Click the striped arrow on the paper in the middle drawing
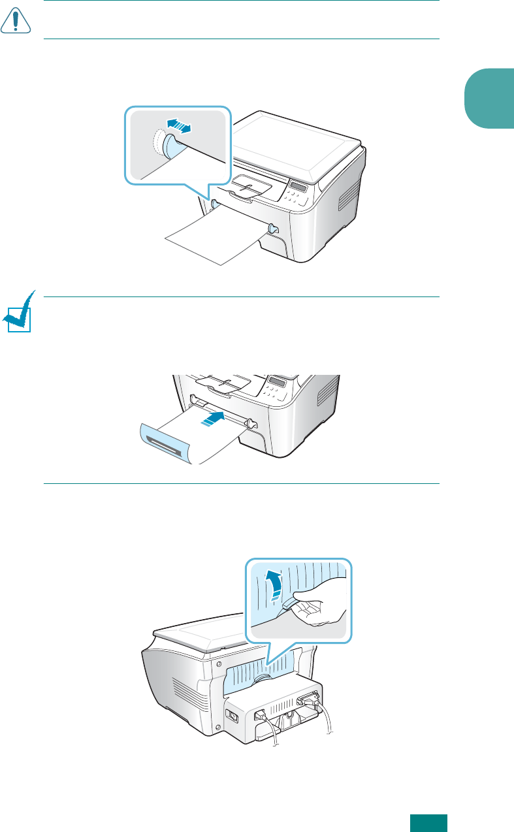[212, 419]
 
